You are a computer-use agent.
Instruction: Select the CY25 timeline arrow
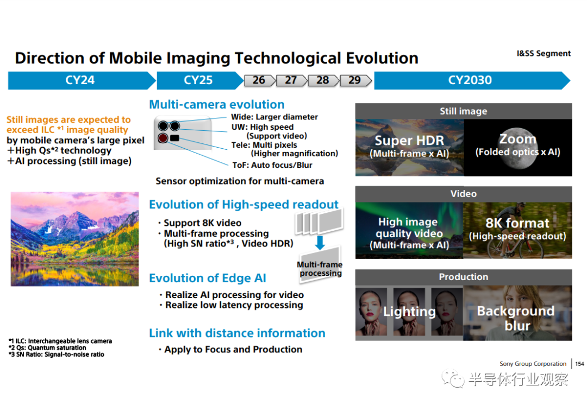click(x=199, y=80)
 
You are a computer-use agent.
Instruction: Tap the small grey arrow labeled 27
click(x=292, y=80)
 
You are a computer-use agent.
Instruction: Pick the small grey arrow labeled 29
click(x=355, y=80)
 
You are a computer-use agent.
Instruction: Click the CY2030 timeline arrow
click(x=472, y=80)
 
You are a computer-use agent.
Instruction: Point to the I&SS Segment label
click(x=544, y=54)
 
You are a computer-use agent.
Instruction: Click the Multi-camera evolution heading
click(x=217, y=104)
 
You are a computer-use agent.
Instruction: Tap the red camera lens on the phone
click(x=163, y=138)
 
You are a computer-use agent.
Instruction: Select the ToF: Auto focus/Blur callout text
click(x=272, y=165)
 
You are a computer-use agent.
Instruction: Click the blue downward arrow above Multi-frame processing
click(x=320, y=242)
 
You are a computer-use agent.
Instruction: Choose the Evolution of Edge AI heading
click(x=208, y=278)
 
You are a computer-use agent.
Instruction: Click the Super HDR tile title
click(x=409, y=141)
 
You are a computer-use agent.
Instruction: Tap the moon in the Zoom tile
click(x=518, y=148)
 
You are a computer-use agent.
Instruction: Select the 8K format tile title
click(x=517, y=223)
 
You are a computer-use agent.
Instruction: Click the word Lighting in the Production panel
click(x=409, y=312)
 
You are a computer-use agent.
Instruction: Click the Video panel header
click(x=464, y=194)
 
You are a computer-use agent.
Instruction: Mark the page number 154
click(x=579, y=364)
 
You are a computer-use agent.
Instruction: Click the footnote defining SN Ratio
click(x=56, y=355)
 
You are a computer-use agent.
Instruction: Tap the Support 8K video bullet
click(x=200, y=223)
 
